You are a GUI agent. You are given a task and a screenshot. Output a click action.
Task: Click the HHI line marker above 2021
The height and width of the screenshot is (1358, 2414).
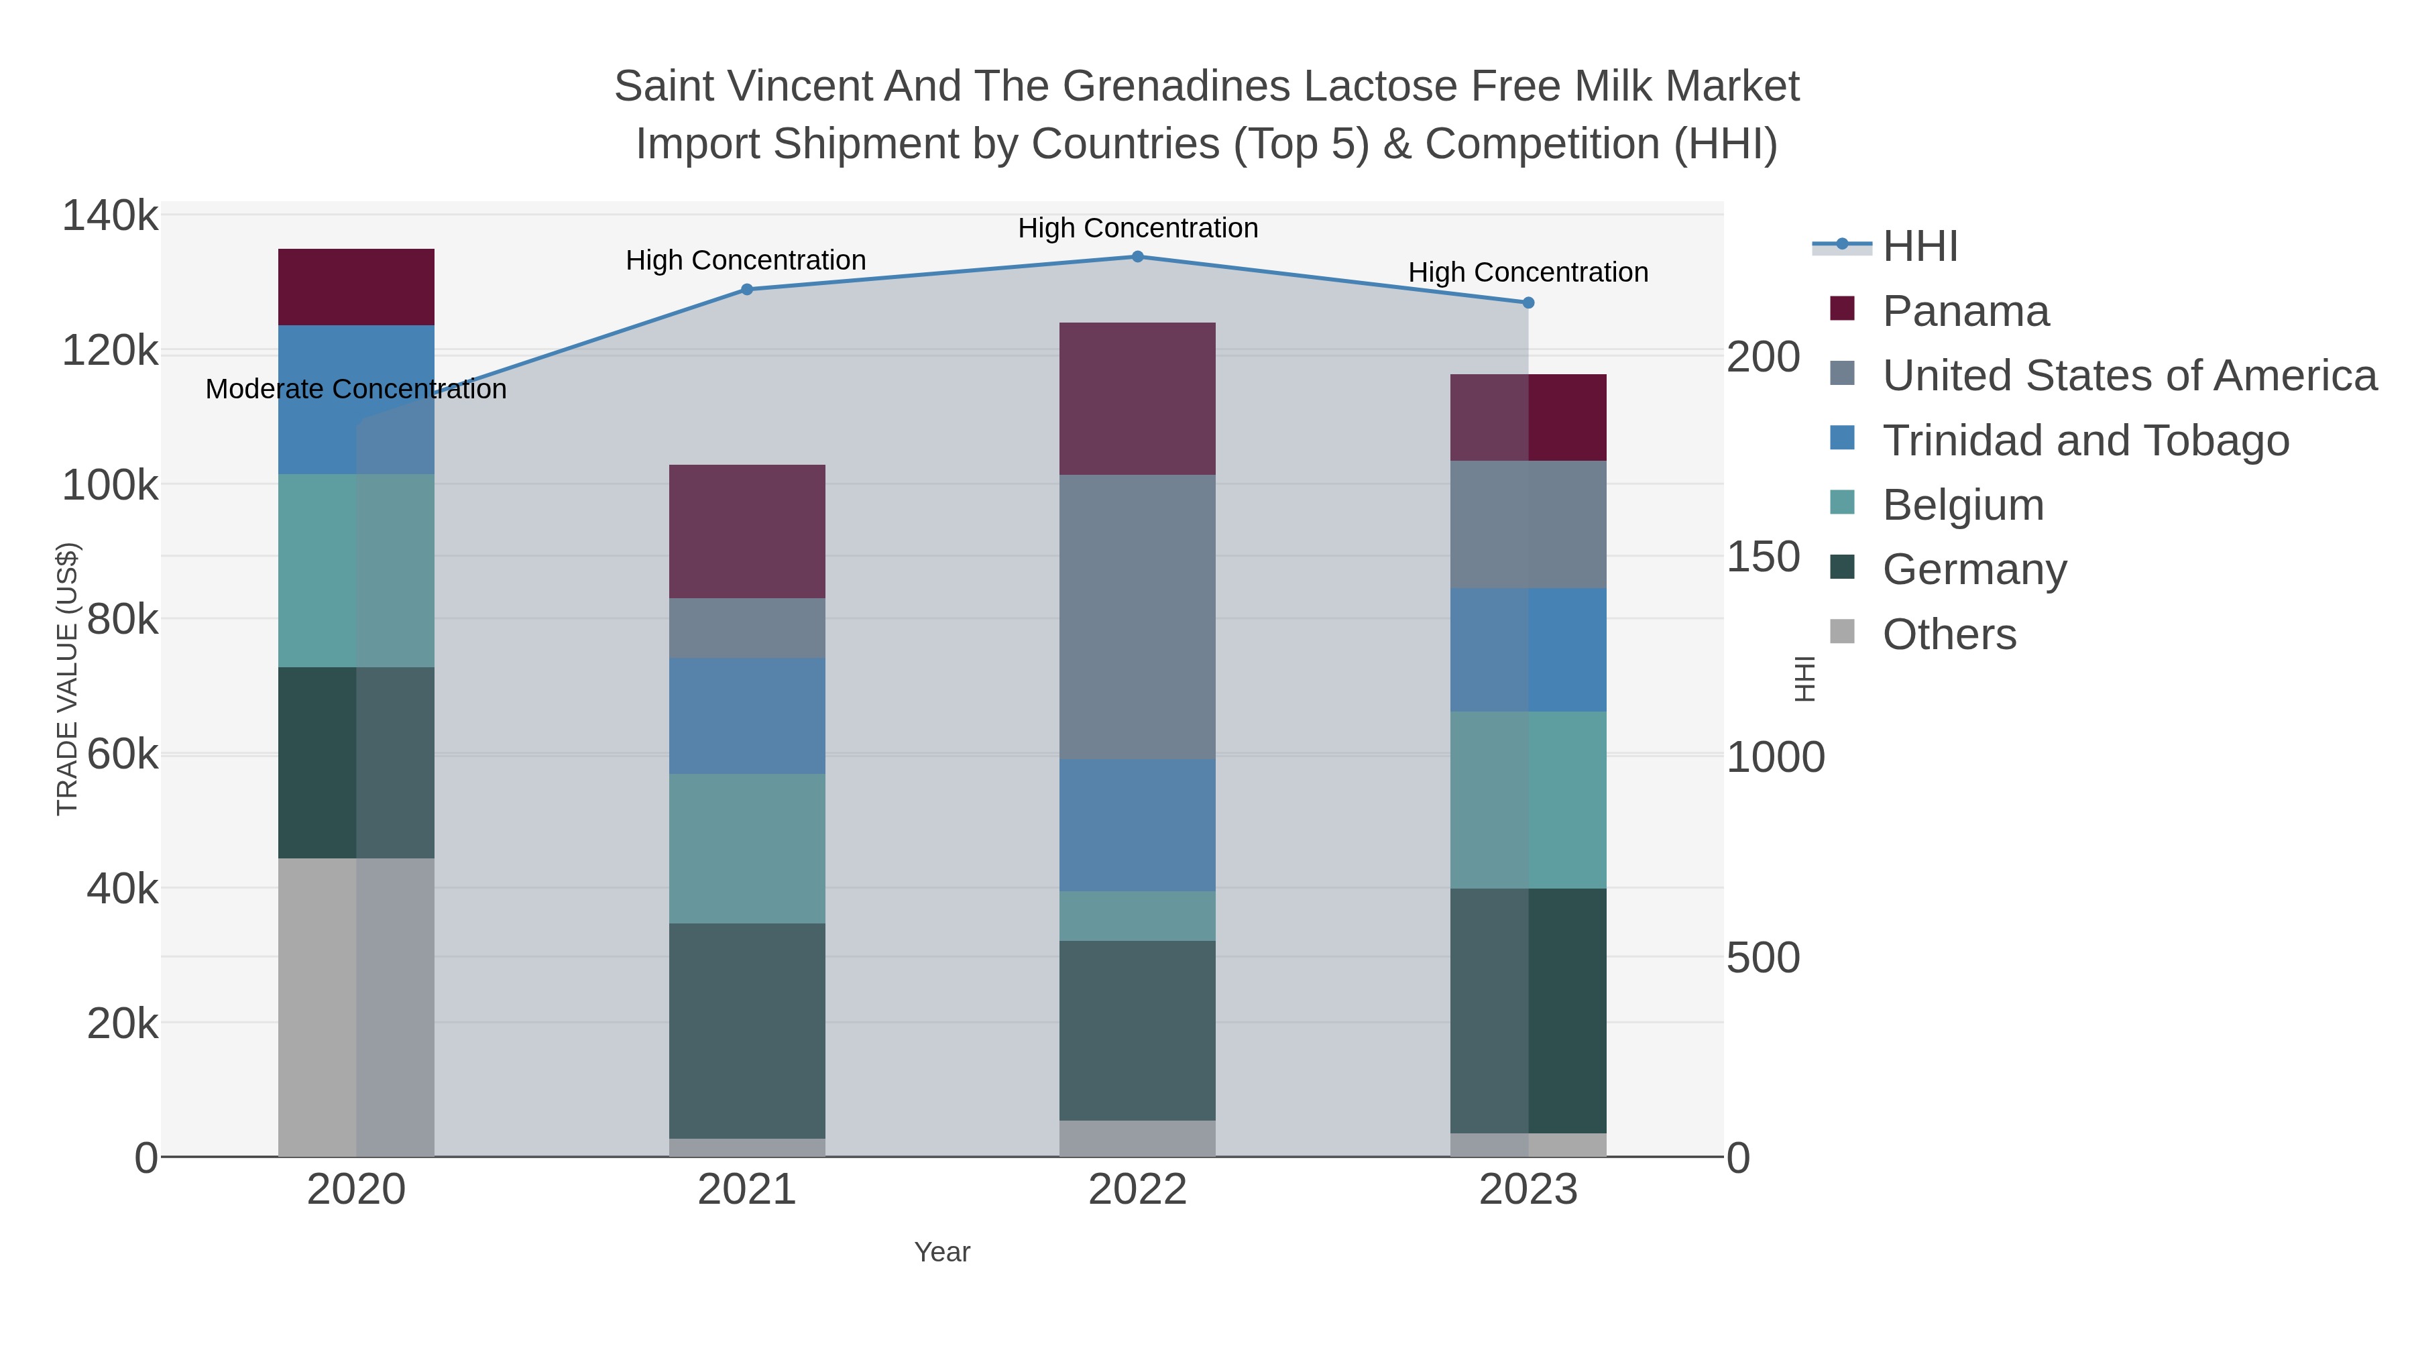pyautogui.click(x=747, y=290)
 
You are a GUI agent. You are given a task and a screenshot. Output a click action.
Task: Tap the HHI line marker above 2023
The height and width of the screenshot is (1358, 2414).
pyautogui.click(x=1528, y=302)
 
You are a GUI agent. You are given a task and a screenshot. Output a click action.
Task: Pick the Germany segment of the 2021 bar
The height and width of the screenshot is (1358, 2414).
pyautogui.click(x=747, y=1030)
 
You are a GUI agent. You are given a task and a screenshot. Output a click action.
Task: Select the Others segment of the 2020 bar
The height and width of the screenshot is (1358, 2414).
pyautogui.click(x=356, y=1007)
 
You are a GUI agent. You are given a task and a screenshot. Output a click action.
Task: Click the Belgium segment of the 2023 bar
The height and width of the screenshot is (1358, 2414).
pyautogui.click(x=1528, y=799)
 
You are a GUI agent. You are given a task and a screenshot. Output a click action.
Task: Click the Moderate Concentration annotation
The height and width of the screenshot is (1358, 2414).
pyautogui.click(x=356, y=389)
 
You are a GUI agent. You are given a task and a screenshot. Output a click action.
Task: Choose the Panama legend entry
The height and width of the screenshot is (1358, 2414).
pyautogui.click(x=1965, y=311)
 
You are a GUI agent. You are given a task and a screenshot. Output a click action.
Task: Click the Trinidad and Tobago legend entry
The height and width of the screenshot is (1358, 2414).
pyautogui.click(x=2085, y=441)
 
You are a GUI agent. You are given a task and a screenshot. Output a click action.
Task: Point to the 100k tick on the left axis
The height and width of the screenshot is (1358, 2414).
pyautogui.click(x=110, y=486)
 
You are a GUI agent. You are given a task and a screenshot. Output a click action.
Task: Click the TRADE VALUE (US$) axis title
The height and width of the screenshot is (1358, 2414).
pyautogui.click(x=68, y=679)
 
